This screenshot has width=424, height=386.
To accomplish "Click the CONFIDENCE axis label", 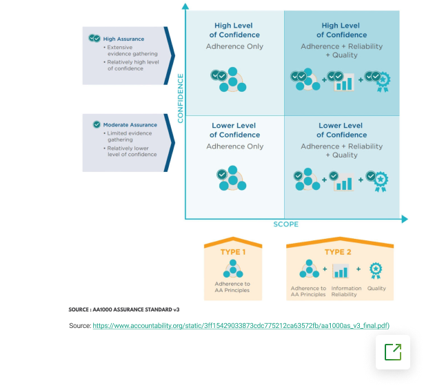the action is (181, 98).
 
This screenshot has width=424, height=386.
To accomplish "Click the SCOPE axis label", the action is (286, 224).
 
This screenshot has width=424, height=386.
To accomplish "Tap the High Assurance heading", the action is (123, 39).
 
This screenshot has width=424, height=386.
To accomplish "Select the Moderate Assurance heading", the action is (130, 125).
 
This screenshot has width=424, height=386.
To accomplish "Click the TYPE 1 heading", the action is (233, 252).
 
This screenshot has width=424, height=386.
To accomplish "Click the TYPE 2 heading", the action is (338, 252).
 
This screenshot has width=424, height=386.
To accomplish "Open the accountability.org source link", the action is (241, 326).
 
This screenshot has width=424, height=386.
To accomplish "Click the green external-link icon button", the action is (393, 352).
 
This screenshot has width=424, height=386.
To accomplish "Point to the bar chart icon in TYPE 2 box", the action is (341, 271).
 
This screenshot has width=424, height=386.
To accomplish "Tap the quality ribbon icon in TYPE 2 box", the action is (376, 270).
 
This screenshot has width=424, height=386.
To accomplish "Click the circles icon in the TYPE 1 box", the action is (233, 269).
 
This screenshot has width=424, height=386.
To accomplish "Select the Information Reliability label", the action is (346, 291).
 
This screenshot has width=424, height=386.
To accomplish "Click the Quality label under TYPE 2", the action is (376, 288).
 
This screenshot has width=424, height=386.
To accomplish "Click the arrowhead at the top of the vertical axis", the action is (185, 6).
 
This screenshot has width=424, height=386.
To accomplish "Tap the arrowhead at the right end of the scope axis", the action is (405, 219).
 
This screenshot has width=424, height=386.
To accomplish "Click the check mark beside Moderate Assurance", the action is (97, 124).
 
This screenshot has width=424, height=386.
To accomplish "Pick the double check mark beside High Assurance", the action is (94, 38).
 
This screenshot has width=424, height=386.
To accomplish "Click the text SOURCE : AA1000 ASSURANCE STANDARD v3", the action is (124, 309).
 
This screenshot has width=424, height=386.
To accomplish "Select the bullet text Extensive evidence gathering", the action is (132, 50).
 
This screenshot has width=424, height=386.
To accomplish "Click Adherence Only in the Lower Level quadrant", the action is (234, 146).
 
